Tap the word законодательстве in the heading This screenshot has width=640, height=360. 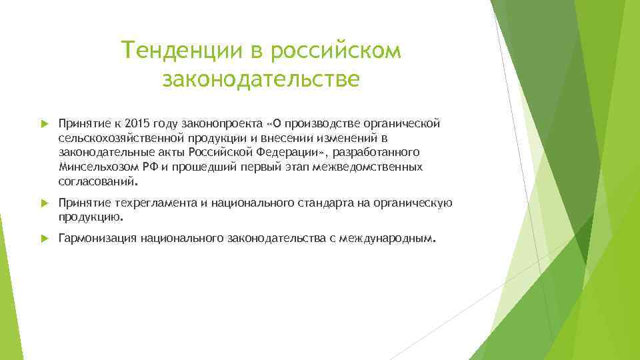(261, 79)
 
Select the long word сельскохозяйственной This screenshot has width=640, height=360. (120, 138)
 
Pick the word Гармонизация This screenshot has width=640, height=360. (97, 238)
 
